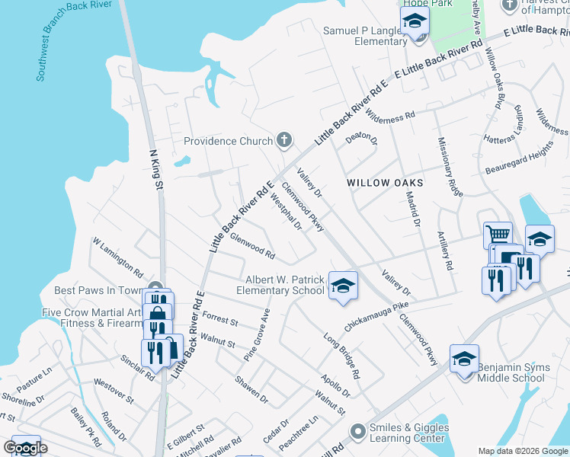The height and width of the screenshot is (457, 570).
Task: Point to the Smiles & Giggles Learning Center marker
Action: pos(357,432)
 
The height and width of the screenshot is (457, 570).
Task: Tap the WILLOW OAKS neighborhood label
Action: pos(384,183)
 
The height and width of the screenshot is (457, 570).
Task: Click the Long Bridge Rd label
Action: pos(341,356)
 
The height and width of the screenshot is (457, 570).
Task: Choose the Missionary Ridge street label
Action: pos(450,168)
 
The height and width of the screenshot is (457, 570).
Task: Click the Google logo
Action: pos(26,448)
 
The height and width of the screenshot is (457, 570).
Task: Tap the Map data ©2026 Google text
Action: pos(522,451)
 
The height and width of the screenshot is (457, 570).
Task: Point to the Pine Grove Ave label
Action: pos(257,334)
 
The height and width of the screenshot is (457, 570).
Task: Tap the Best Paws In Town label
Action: pos(98,290)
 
